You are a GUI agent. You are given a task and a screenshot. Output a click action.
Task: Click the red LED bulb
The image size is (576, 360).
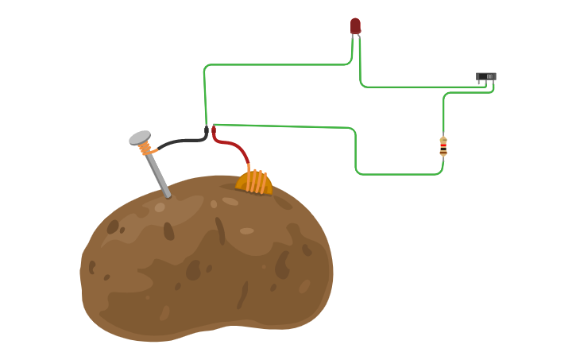[x=355, y=25]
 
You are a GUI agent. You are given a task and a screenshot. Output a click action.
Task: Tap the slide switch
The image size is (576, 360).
[x=485, y=77]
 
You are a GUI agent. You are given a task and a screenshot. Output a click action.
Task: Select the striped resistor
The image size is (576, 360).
[x=443, y=146]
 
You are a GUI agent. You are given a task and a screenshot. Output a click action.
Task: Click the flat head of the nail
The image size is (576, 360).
[x=140, y=137]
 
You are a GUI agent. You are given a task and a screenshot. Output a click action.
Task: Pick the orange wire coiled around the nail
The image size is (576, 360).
[x=145, y=149]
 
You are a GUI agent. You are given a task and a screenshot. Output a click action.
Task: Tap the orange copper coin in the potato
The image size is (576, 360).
[x=254, y=182]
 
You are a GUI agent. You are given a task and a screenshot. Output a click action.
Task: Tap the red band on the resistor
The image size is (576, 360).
[x=443, y=145]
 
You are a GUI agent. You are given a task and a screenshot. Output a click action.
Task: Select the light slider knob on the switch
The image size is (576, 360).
[x=489, y=76]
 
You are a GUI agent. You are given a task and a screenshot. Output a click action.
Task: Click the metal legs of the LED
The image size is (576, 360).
[x=357, y=37]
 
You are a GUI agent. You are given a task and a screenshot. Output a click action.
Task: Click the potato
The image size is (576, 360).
[x=207, y=262]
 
